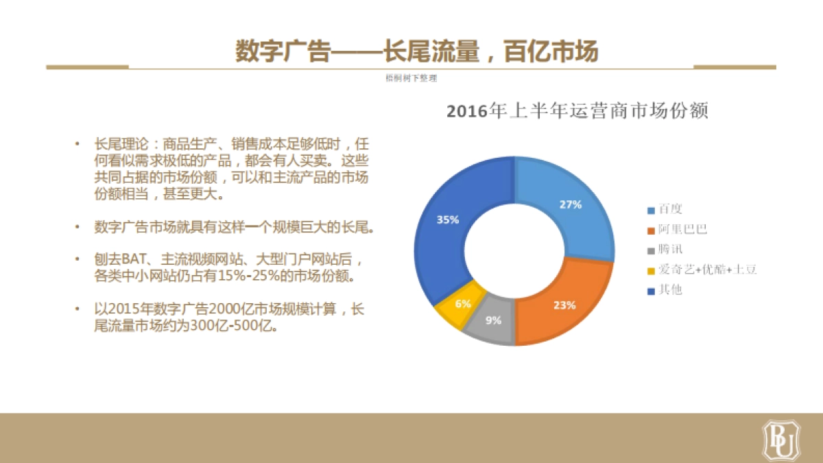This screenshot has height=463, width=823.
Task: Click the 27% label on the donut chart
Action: [571, 204]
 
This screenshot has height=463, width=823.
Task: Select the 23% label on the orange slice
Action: [564, 306]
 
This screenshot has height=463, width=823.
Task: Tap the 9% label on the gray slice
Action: [494, 320]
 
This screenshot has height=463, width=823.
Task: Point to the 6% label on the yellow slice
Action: [463, 303]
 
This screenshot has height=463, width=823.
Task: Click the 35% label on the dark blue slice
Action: [448, 220]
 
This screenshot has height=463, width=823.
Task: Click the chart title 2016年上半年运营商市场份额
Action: [577, 112]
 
